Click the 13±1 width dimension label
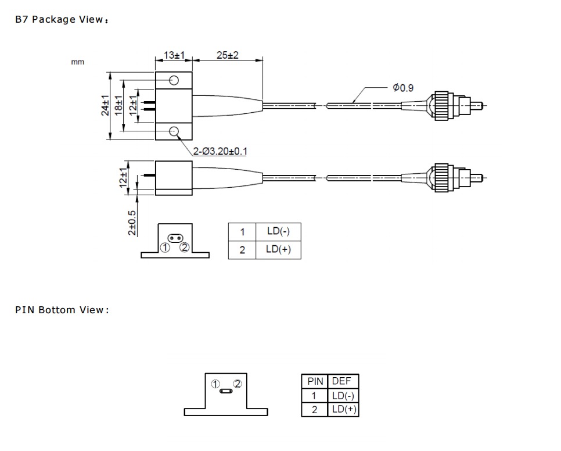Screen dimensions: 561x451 point(174,55)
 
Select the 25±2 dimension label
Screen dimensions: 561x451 point(228,55)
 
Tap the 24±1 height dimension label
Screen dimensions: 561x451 point(105,105)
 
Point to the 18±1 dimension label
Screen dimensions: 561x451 point(119,105)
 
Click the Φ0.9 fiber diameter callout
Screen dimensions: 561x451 point(403,88)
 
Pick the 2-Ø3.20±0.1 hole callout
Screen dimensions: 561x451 point(220,152)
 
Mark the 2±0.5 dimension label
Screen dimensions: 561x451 point(132,223)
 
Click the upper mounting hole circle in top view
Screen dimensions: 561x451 point(174,81)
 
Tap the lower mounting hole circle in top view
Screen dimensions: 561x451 point(174,131)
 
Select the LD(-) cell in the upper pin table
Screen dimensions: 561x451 point(278,231)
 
